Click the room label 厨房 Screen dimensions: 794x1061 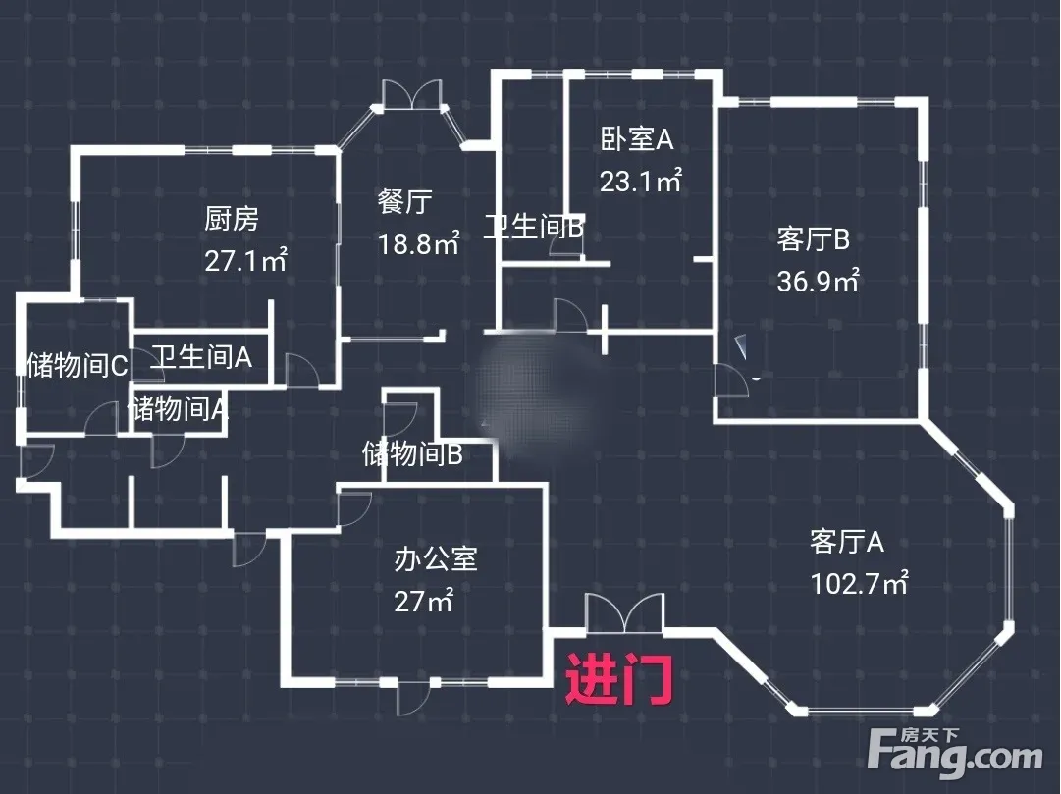pyautogui.click(x=232, y=219)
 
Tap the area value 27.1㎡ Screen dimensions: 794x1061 pyautogui.click(x=245, y=260)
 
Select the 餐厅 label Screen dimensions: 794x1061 pyautogui.click(x=404, y=202)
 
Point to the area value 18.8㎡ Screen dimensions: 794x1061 pyautogui.click(x=419, y=243)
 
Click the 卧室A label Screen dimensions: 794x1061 pyautogui.click(x=637, y=139)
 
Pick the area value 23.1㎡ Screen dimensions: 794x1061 pyautogui.click(x=641, y=182)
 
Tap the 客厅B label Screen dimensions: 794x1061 pyautogui.click(x=813, y=238)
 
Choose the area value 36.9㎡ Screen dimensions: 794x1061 pyautogui.click(x=818, y=282)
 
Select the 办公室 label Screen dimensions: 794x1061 pyautogui.click(x=436, y=559)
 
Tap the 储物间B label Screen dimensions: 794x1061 pyautogui.click(x=412, y=454)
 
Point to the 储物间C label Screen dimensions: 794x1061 pyautogui.click(x=77, y=366)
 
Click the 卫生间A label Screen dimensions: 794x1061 pyautogui.click(x=200, y=356)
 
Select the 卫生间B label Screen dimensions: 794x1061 pyautogui.click(x=534, y=228)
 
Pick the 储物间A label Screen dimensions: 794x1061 pyautogui.click(x=180, y=408)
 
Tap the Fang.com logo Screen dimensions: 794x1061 pyautogui.click(x=956, y=755)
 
